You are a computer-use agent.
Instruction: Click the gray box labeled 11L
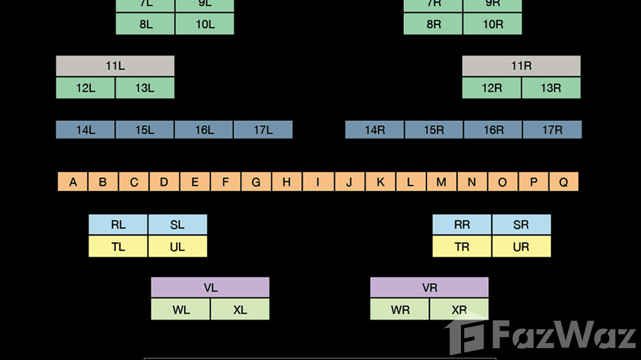(x=115, y=66)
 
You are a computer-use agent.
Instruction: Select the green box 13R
(x=551, y=88)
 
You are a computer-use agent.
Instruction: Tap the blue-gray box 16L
(x=204, y=130)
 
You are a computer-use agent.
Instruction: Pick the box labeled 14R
(x=374, y=130)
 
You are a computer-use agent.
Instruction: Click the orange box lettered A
(x=73, y=182)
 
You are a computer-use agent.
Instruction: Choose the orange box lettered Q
(x=564, y=182)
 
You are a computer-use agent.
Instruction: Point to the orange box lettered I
(x=318, y=182)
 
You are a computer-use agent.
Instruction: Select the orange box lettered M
(x=441, y=182)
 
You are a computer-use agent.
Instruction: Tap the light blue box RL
(x=118, y=224)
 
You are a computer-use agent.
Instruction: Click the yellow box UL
(x=177, y=247)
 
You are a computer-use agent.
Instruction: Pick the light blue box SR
(x=521, y=224)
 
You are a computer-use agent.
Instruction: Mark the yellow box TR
(x=462, y=247)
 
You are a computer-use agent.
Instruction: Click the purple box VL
(x=210, y=287)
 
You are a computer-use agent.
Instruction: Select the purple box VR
(x=429, y=287)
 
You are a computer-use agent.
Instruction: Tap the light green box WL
(x=181, y=309)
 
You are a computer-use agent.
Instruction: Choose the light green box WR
(x=400, y=309)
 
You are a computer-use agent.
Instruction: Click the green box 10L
(x=205, y=24)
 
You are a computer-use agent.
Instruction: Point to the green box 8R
(x=433, y=24)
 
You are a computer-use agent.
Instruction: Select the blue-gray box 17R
(x=552, y=130)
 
